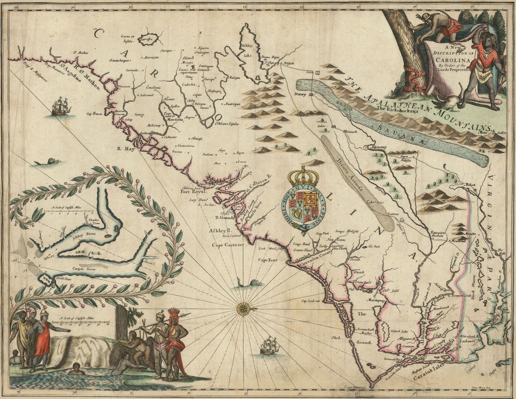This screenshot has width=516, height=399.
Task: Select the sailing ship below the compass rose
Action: point(270,345)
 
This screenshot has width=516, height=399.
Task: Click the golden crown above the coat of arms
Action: point(303,176)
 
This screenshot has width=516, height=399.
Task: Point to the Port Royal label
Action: point(193,191)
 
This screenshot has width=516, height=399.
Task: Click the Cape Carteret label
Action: point(228,245)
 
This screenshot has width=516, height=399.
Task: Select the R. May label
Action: point(126,148)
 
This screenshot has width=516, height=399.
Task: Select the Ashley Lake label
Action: point(247,50)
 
